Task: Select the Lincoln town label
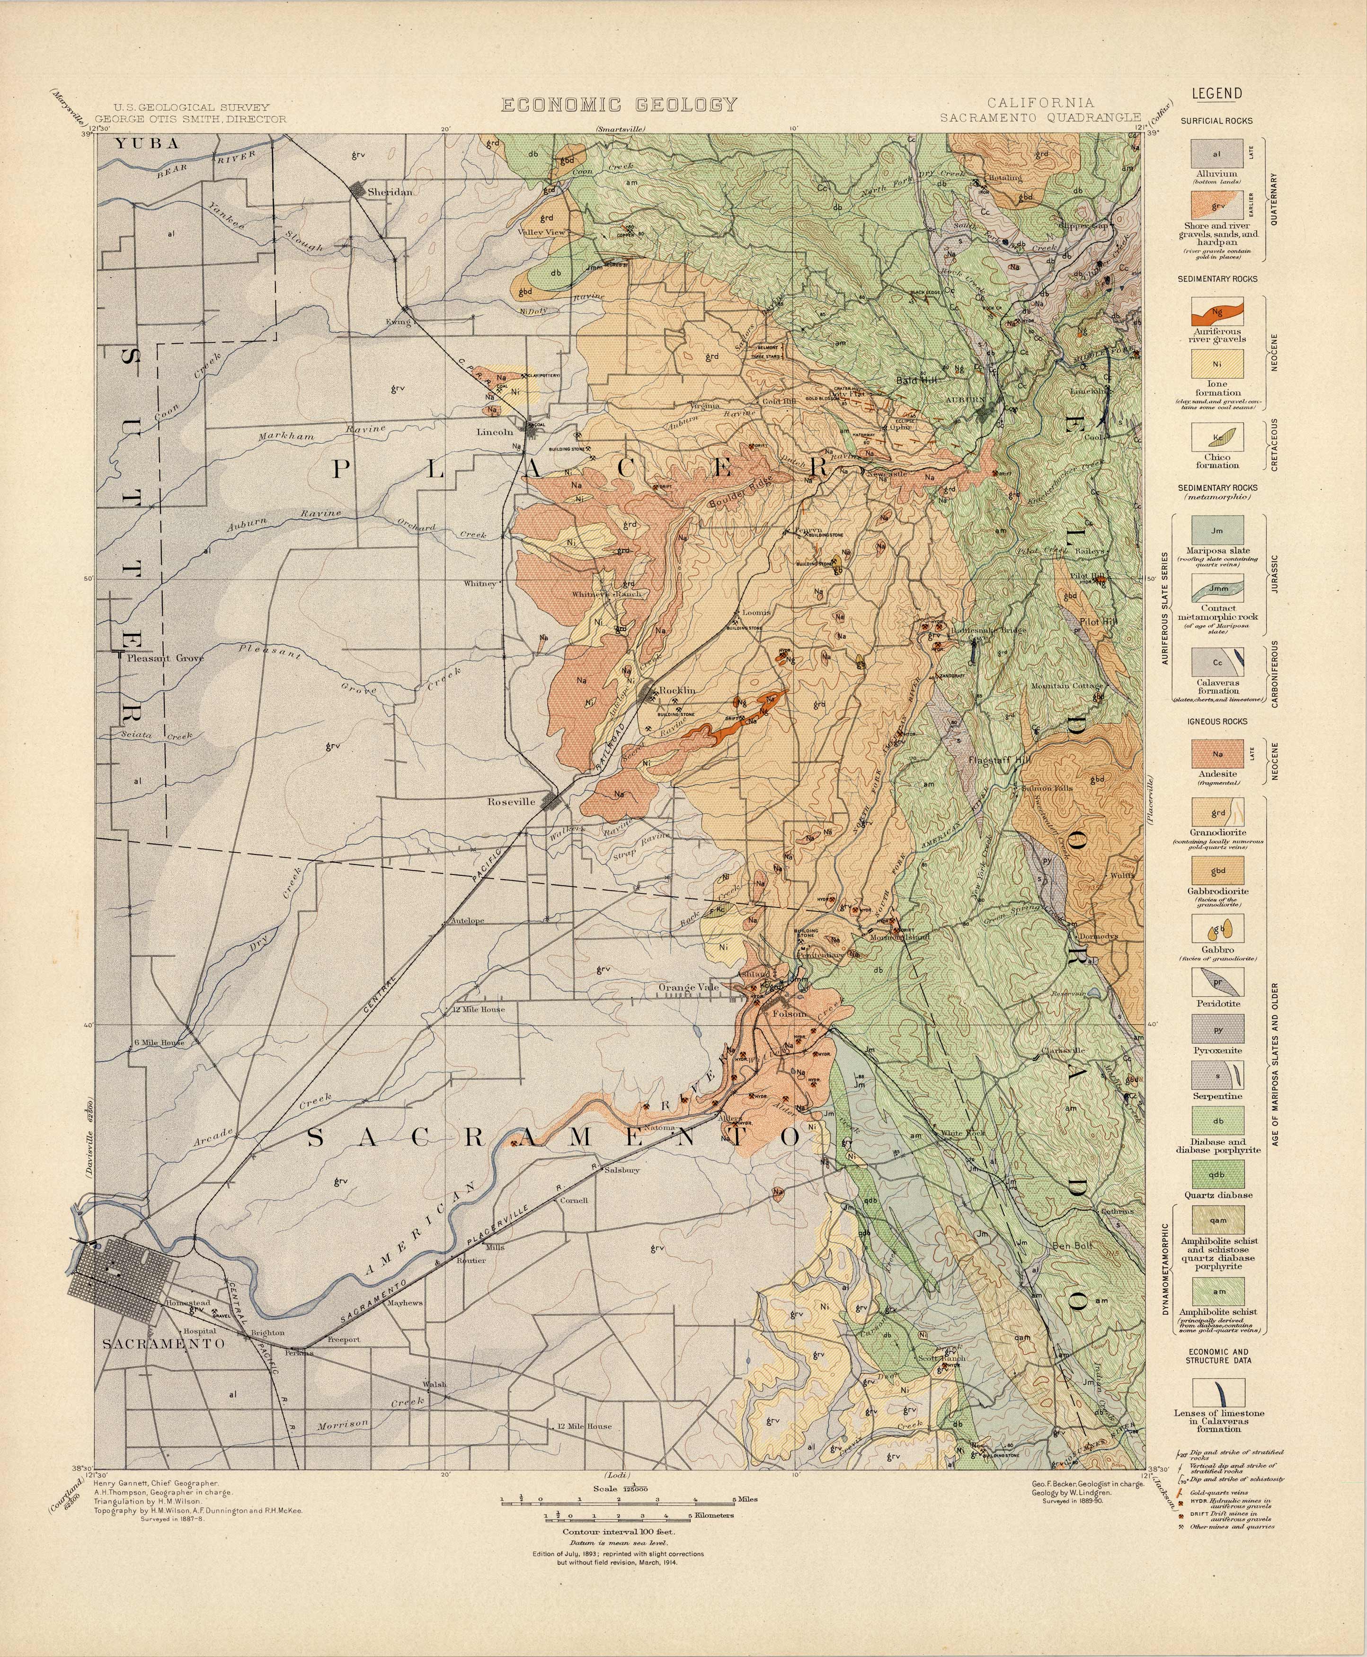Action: tap(495, 432)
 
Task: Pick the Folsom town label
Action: tap(790, 1015)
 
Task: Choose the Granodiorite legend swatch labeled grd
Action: tap(1217, 813)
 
